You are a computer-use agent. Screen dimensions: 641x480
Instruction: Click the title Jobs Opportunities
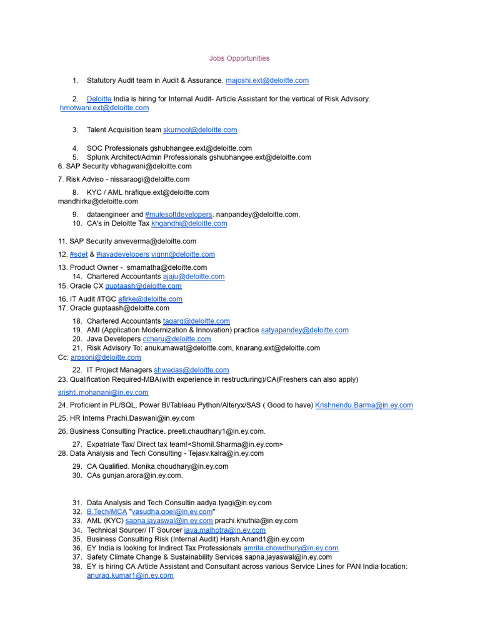(x=239, y=58)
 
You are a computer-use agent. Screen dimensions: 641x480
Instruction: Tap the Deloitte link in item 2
(x=99, y=99)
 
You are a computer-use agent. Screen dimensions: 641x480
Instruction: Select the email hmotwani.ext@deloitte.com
(x=104, y=108)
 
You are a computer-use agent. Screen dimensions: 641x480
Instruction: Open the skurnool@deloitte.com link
(x=200, y=130)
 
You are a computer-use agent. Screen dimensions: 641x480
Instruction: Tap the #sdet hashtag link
(x=79, y=254)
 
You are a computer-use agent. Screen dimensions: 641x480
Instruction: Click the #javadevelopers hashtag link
(x=122, y=254)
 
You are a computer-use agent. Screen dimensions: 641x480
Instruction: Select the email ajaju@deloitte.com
(x=194, y=277)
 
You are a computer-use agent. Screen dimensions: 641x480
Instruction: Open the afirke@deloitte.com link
(x=150, y=299)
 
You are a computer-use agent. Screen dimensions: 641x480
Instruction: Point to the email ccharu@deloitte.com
(x=177, y=339)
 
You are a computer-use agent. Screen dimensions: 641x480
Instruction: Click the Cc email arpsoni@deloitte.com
(x=106, y=357)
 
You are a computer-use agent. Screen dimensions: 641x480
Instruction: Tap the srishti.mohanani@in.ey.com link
(x=103, y=392)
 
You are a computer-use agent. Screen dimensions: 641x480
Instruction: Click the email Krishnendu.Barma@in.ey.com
(x=364, y=406)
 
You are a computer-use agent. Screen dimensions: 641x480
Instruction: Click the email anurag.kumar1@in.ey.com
(x=130, y=575)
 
